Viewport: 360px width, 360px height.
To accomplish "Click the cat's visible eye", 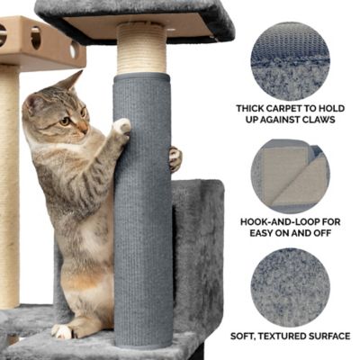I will pyautogui.click(x=65, y=121).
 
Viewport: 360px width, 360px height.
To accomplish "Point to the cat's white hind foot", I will pyautogui.click(x=62, y=331).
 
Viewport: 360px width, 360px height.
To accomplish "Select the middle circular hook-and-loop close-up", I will pyautogui.click(x=290, y=176).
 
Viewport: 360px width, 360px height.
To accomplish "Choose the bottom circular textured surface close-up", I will pyautogui.click(x=290, y=288).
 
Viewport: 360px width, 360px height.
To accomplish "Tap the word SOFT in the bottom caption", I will pyautogui.click(x=241, y=337).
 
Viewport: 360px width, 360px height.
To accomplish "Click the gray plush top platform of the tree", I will pyautogui.click(x=135, y=9).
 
